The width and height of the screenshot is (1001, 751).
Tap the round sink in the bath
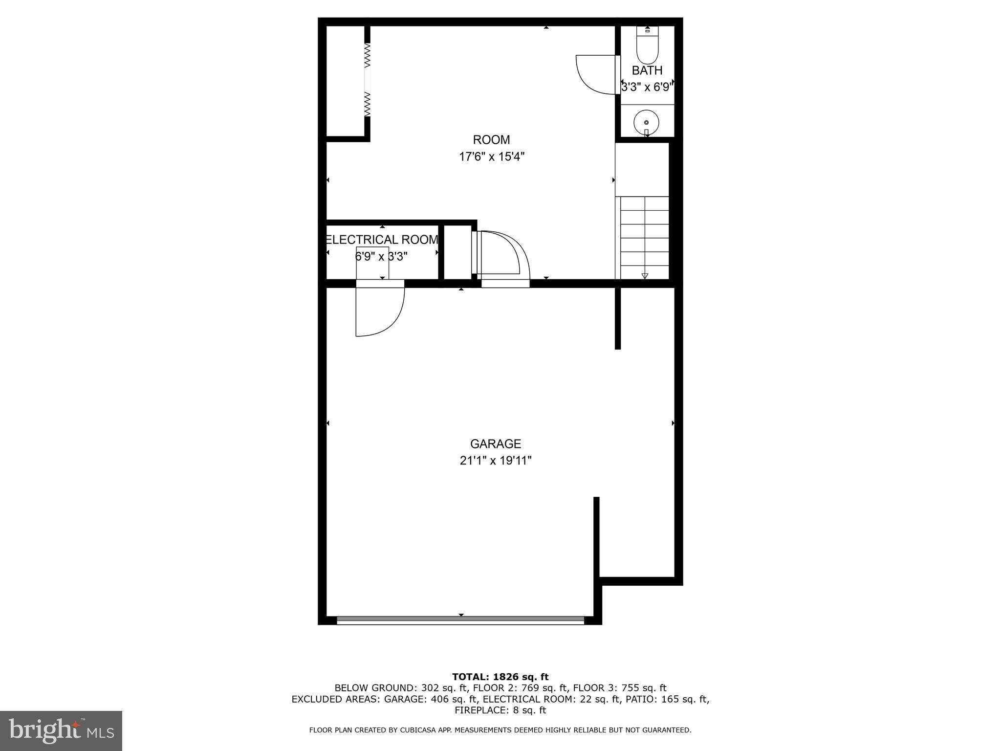[x=646, y=122]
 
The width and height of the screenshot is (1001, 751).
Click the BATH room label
[x=647, y=70]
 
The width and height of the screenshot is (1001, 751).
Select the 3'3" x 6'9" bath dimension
[x=647, y=88]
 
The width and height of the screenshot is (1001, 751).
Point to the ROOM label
[x=491, y=140]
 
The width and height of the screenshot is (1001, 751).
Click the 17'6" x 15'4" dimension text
[x=491, y=157]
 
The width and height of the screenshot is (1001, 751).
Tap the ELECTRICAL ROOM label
[x=382, y=240]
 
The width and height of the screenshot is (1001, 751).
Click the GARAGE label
[x=496, y=444]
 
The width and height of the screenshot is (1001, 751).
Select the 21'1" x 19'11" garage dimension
[x=496, y=461]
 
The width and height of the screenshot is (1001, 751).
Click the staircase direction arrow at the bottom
[x=645, y=276]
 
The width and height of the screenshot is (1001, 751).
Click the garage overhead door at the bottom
[x=460, y=620]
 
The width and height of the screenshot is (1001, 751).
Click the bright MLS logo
[x=61, y=731]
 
